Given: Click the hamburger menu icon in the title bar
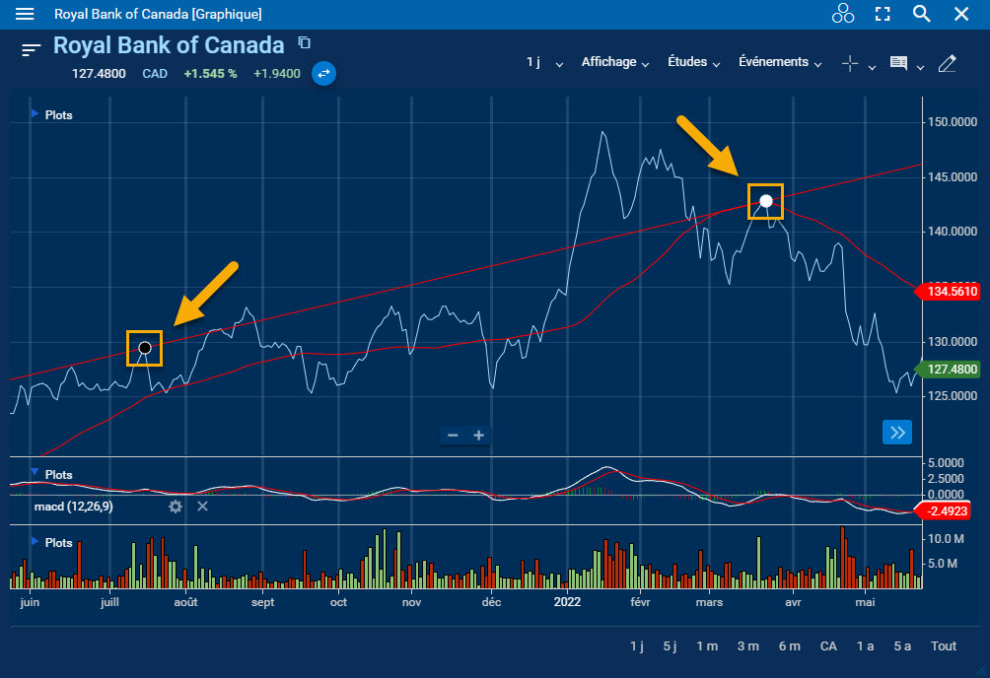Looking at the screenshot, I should tap(26, 15).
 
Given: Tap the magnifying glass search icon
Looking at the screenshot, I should tap(922, 14).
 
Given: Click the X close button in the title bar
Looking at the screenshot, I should tap(961, 14).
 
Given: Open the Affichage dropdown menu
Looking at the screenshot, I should tap(614, 62).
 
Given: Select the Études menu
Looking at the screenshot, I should tap(694, 62).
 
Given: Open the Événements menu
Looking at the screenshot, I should tap(780, 62).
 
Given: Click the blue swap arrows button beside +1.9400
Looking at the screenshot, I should tap(323, 73).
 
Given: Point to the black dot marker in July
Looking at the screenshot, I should tap(145, 348).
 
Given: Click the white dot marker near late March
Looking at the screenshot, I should tap(765, 201).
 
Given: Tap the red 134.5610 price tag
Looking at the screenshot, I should tap(951, 292).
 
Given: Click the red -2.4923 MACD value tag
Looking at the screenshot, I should tap(948, 510).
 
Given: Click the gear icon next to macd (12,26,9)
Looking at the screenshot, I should tap(176, 507).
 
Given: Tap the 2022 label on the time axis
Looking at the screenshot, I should tap(567, 602).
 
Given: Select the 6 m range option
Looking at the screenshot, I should tap(789, 646).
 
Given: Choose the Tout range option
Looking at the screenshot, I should tap(944, 646).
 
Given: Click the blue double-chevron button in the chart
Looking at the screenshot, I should tap(897, 433).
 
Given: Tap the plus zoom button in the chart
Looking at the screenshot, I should tap(479, 436).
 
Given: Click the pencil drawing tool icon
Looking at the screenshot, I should tap(948, 64).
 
